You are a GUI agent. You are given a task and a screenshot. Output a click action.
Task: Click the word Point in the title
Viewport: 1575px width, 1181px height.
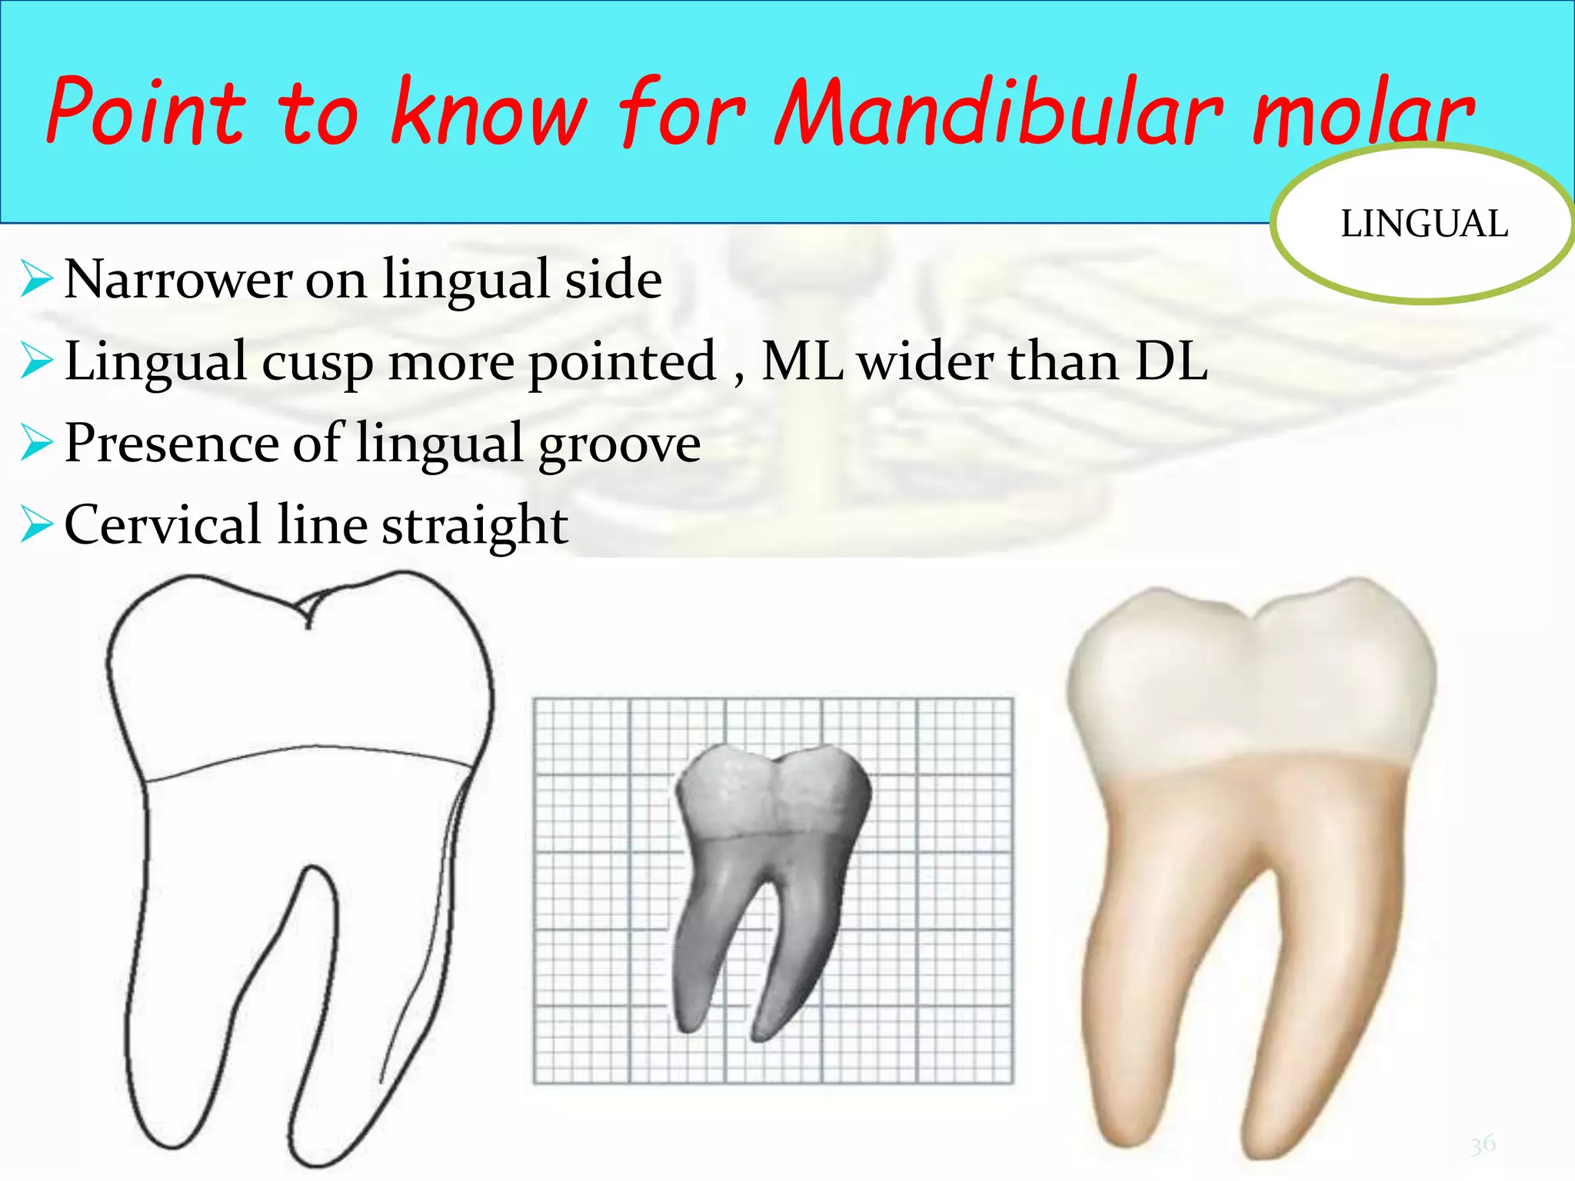point(146,111)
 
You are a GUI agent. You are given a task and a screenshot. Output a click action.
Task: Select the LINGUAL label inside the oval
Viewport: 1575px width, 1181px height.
point(1423,225)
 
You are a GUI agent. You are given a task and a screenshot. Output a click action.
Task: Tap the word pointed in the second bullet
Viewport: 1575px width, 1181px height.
point(621,363)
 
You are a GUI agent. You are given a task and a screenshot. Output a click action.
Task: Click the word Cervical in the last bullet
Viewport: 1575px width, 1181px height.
point(162,526)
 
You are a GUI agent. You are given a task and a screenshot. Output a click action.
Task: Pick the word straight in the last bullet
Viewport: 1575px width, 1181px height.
point(474,527)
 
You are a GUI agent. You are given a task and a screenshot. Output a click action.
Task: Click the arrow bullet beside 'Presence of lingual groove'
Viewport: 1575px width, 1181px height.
point(36,444)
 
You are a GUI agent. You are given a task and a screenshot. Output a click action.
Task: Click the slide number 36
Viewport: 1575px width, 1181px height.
point(1483,1145)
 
